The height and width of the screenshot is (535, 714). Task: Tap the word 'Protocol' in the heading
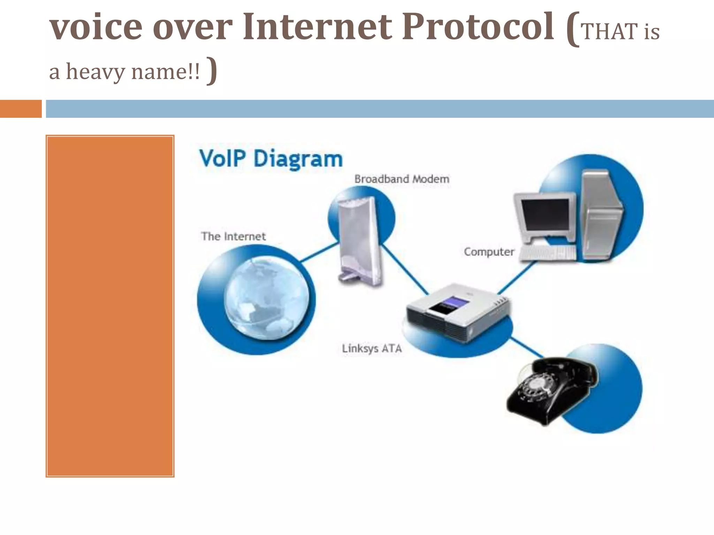tap(478, 26)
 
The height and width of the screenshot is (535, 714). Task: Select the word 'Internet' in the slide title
tap(317, 26)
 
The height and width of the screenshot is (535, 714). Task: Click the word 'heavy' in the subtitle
tap(95, 72)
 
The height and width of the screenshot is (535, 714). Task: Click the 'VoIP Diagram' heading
tap(271, 158)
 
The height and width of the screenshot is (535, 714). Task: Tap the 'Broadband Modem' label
tap(402, 179)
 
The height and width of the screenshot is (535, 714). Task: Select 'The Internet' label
tap(233, 237)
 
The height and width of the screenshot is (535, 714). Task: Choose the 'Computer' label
tap(489, 252)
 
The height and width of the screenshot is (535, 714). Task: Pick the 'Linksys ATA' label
tap(372, 348)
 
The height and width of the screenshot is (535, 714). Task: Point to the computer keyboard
tap(547, 253)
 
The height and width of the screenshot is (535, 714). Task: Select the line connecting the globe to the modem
tap(319, 252)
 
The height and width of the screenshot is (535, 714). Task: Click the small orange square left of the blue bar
tap(21, 109)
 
